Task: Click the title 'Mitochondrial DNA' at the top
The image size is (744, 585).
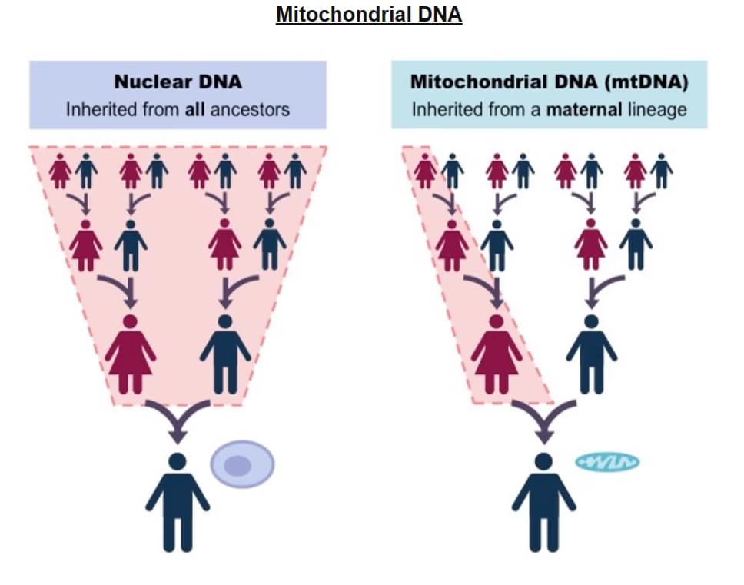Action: [x=369, y=15]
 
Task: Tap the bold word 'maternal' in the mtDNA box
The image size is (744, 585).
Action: [x=583, y=109]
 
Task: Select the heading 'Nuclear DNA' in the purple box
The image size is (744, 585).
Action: [x=178, y=81]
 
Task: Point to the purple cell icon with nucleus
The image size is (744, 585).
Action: [x=242, y=464]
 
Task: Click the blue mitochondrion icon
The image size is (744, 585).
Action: [x=607, y=462]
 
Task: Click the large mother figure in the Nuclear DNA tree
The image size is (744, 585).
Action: [x=131, y=354]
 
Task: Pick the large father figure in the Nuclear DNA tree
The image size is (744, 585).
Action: [x=225, y=354]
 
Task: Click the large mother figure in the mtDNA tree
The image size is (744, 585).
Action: [x=497, y=354]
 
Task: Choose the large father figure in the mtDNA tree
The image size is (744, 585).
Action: [x=591, y=354]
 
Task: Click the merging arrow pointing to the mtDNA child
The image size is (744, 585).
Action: [x=544, y=420]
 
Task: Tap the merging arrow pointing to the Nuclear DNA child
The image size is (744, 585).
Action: [x=178, y=420]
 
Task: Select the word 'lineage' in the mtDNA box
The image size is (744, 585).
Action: [x=656, y=109]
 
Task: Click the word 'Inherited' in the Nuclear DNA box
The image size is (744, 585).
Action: [x=100, y=109]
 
